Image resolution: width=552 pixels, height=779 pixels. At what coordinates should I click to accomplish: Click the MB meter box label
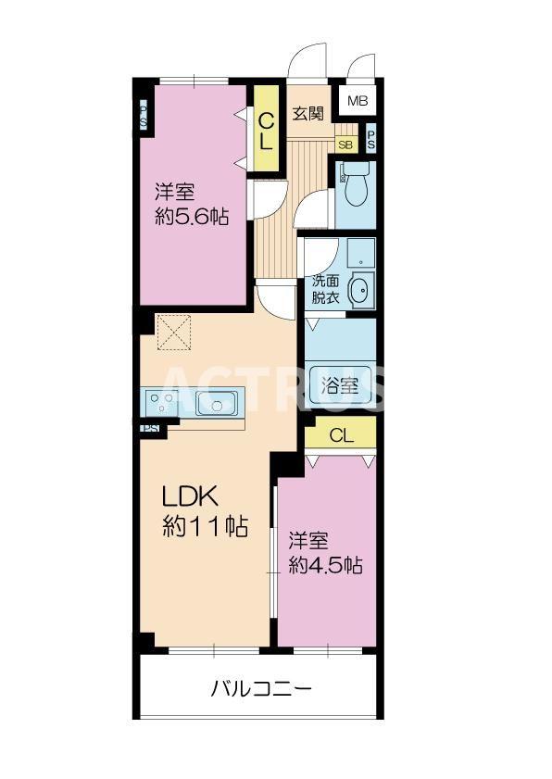click(357, 100)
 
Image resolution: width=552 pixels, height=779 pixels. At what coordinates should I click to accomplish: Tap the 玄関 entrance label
click(308, 115)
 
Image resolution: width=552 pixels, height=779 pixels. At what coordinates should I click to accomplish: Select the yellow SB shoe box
click(345, 144)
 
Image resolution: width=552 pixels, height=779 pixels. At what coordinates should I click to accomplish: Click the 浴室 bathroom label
click(340, 385)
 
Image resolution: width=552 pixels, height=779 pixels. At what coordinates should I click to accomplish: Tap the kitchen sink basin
click(220, 403)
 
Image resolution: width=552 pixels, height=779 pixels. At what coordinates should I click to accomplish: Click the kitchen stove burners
click(164, 403)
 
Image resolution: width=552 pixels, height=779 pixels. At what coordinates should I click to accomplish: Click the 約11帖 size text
click(205, 527)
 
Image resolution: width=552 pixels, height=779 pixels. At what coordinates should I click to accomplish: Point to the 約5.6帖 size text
click(191, 217)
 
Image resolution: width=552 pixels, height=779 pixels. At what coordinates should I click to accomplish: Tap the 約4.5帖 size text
click(324, 566)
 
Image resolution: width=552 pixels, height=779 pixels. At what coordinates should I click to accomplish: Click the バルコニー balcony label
click(260, 688)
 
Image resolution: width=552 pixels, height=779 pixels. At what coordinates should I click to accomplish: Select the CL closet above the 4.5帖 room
click(340, 435)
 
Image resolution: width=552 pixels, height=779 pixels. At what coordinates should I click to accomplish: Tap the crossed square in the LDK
click(174, 333)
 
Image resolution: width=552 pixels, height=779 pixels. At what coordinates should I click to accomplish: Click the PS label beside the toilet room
click(371, 140)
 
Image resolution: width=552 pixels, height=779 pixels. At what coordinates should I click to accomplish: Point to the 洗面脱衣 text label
click(326, 289)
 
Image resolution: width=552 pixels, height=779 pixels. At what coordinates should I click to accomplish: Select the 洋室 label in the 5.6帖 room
click(174, 193)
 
